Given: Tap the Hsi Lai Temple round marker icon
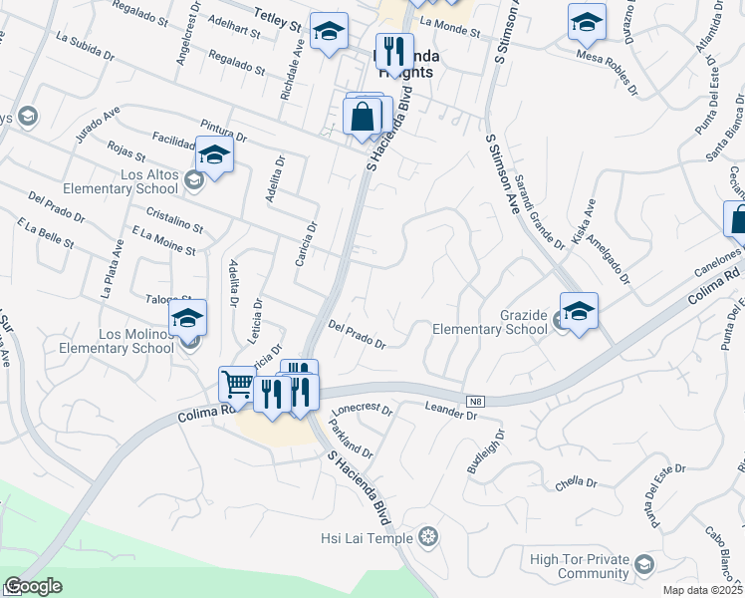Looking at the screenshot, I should click(429, 538).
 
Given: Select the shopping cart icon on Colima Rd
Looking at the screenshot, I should click(237, 384).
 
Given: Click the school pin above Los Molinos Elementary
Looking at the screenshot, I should click(186, 318).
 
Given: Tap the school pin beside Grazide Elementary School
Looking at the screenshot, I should click(579, 310).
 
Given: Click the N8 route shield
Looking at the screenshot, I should click(476, 401).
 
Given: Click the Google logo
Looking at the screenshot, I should click(32, 585).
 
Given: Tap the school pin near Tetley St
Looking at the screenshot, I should click(328, 31).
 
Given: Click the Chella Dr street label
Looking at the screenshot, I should click(577, 483).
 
